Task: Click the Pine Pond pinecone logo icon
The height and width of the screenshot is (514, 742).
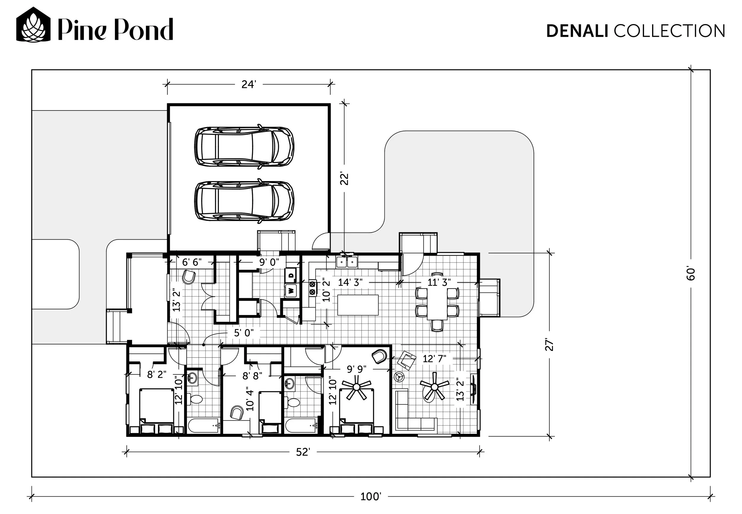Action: pyautogui.click(x=34, y=24)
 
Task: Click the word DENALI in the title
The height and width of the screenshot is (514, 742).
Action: pyautogui.click(x=577, y=31)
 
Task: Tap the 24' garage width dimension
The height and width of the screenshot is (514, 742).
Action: pyautogui.click(x=248, y=84)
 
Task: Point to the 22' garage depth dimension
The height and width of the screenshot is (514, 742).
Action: pyautogui.click(x=345, y=179)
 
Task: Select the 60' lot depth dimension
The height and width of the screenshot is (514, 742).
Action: pyautogui.click(x=691, y=273)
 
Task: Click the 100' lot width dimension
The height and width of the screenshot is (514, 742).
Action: pyautogui.click(x=370, y=496)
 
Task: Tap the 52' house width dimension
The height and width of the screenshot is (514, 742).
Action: pyautogui.click(x=303, y=452)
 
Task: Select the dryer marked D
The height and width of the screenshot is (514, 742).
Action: pyautogui.click(x=291, y=275)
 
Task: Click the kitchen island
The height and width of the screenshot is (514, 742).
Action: pyautogui.click(x=358, y=305)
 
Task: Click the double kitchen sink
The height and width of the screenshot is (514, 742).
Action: pyautogui.click(x=347, y=262)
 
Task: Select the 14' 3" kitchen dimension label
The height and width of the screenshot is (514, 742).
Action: pyautogui.click(x=350, y=282)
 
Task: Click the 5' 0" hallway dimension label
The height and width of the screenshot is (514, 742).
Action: pyautogui.click(x=244, y=333)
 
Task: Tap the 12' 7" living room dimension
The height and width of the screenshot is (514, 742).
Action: pyautogui.click(x=434, y=358)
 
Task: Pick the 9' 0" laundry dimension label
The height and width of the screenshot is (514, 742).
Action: pyautogui.click(x=269, y=262)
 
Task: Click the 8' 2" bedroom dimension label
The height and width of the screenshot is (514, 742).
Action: pyautogui.click(x=157, y=374)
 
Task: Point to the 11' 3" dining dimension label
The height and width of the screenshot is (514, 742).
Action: pyautogui.click(x=439, y=282)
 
